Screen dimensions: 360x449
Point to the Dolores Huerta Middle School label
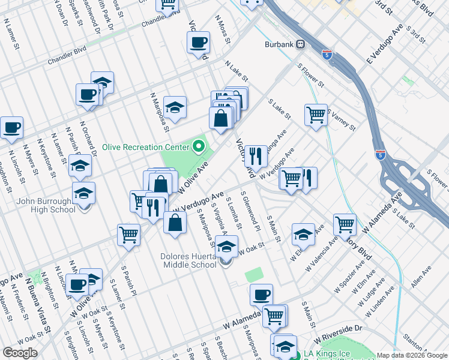pyautogui.click(x=188, y=260)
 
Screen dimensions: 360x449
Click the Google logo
pyautogui.click(x=20, y=353)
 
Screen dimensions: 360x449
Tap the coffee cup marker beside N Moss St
pyautogui.click(x=198, y=43)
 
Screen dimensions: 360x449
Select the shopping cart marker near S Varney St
pyautogui.click(x=316, y=113)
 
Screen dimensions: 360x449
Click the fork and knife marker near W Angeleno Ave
pyautogui.click(x=256, y=156)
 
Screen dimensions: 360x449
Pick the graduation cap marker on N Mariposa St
pyautogui.click(x=175, y=107)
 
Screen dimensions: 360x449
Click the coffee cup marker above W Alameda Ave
pyautogui.click(x=261, y=295)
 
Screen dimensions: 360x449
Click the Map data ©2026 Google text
pyautogui.click(x=411, y=355)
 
